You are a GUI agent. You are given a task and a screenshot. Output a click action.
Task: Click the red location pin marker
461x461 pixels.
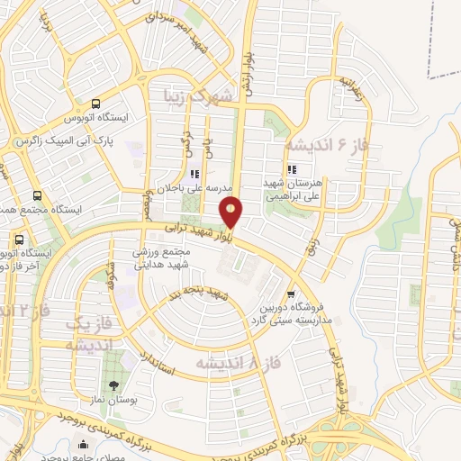coord(232,212)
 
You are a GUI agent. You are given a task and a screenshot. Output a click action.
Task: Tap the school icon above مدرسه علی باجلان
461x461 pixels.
coord(192,175)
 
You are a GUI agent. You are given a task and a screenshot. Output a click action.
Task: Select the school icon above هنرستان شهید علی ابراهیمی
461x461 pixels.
coord(290,168)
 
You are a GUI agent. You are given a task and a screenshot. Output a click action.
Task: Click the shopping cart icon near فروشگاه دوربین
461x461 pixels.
coord(290,294)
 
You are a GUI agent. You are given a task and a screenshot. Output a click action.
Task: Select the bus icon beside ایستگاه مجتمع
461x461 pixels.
coord(37,195)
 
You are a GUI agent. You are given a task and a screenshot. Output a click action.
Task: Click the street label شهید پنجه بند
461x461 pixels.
coord(201,295)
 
